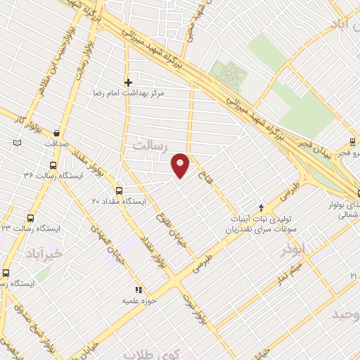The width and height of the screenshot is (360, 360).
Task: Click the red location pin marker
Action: click(181, 165)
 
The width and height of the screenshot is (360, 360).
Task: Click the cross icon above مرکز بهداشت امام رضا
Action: click(128, 82)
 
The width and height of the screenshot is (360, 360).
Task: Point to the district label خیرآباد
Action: click(44, 252)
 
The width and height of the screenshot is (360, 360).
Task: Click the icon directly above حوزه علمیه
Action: click(139, 289)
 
